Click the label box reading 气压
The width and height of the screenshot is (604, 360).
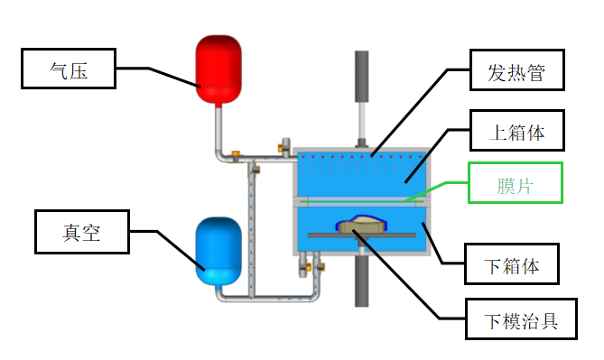pos(69,69)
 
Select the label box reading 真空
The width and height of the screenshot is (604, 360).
pos(82,232)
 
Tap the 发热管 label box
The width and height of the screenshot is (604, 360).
pos(517,70)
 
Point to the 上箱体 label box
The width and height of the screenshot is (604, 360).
pos(517,131)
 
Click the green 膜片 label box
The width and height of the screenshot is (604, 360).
pos(516,183)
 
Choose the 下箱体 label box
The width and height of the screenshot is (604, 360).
pos(512,264)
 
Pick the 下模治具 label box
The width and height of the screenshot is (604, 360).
pos(521,318)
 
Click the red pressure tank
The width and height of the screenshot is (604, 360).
pos(218,69)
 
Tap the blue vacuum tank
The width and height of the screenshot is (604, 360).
pos(218,252)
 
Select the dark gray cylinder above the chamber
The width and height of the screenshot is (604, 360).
pos(362,77)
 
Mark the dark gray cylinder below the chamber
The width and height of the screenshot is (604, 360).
pos(362,282)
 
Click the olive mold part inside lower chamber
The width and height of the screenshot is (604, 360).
pos(361,224)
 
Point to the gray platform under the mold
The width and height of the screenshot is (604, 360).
pos(362,235)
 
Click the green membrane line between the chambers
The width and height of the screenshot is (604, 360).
pos(362,201)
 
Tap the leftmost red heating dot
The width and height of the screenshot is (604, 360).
pos(303,157)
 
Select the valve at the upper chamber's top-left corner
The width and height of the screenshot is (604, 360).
pos(284,147)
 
